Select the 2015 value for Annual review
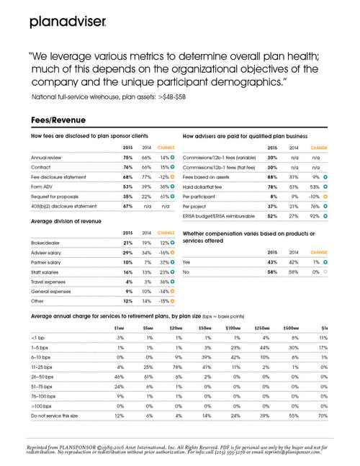tap(127, 156)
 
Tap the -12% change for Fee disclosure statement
tap(161, 176)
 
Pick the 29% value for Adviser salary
tap(127, 254)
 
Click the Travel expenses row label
tap(50, 282)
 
